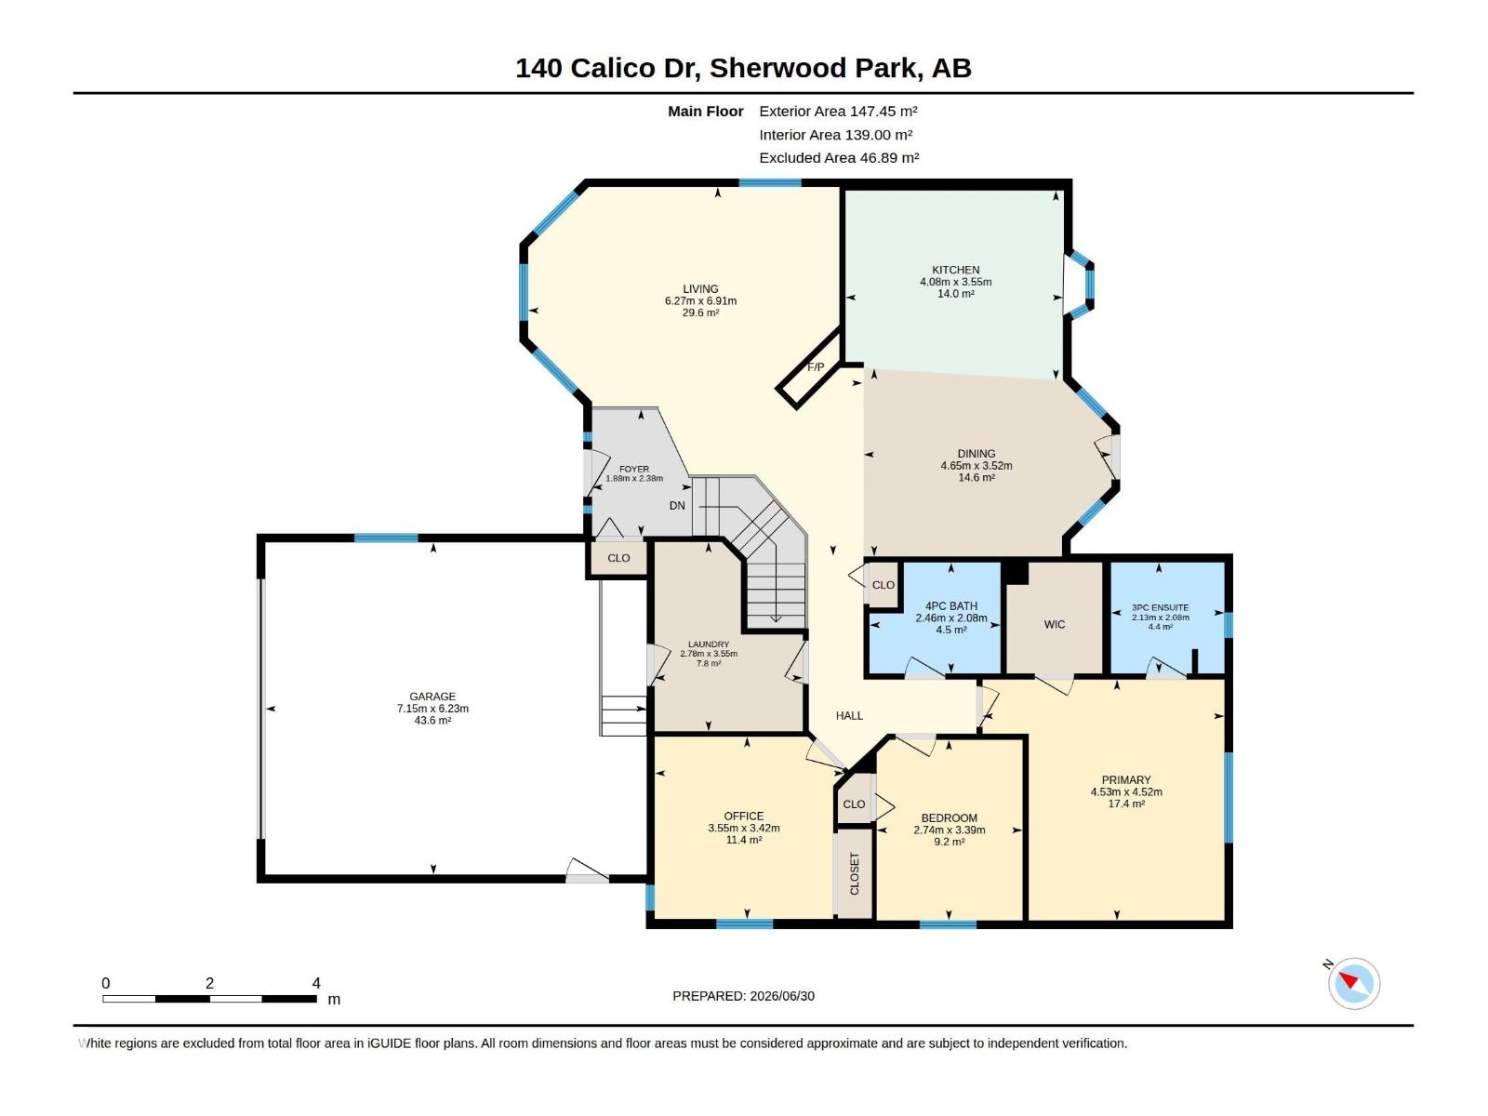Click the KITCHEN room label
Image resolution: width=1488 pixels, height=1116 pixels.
(x=955, y=270)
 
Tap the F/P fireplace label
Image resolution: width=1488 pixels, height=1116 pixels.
(x=816, y=367)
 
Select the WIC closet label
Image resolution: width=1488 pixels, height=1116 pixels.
(x=1054, y=624)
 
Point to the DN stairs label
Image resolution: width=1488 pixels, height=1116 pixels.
(x=677, y=506)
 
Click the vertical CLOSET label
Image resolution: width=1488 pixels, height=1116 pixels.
(x=854, y=873)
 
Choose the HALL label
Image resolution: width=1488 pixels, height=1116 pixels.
(x=849, y=715)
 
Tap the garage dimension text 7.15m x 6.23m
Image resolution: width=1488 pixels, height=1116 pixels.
(x=432, y=708)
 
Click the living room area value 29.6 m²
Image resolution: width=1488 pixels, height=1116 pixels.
(x=700, y=312)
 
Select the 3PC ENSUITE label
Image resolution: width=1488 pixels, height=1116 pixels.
(x=1160, y=608)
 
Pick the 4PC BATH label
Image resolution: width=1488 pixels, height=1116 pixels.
(x=951, y=605)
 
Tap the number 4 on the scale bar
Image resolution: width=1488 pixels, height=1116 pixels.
(x=316, y=983)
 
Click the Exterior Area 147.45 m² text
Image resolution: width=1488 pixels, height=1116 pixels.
(x=838, y=111)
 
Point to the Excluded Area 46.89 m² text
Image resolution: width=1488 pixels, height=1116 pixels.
(x=839, y=158)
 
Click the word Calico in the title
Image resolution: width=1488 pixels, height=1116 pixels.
(x=614, y=68)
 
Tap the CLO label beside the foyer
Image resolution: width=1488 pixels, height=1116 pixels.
(x=618, y=558)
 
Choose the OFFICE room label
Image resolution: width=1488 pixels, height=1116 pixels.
(x=744, y=816)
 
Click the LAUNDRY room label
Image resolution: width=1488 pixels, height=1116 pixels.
(x=709, y=644)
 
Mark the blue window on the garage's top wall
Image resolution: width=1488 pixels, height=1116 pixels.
(x=386, y=538)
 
